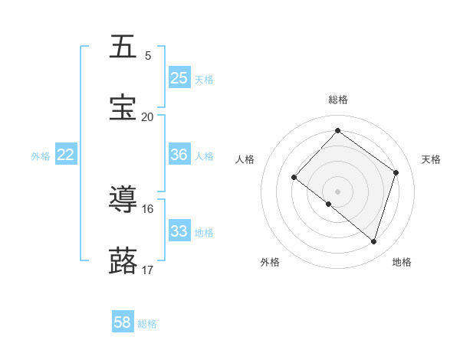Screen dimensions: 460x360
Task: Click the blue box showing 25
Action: click(179, 78)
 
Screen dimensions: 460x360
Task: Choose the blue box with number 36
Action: click(179, 155)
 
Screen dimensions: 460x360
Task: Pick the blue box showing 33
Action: click(179, 231)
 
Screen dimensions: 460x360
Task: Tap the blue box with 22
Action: click(66, 155)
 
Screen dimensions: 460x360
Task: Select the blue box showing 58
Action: click(123, 323)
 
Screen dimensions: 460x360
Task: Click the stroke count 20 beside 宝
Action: click(147, 116)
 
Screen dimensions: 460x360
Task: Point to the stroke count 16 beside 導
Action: click(147, 208)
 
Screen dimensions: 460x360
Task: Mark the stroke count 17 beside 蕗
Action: click(147, 270)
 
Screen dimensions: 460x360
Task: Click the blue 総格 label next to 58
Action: click(147, 324)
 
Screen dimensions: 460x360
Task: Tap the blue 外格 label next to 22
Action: click(41, 155)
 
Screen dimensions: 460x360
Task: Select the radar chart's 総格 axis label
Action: click(337, 100)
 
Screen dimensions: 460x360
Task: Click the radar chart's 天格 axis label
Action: click(431, 159)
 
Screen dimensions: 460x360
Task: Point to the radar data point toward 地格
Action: click(373, 242)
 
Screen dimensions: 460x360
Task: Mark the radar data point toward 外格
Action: click(329, 204)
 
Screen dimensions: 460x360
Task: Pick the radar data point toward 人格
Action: click(294, 177)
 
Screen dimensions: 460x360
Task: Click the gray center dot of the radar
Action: click(337, 191)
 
